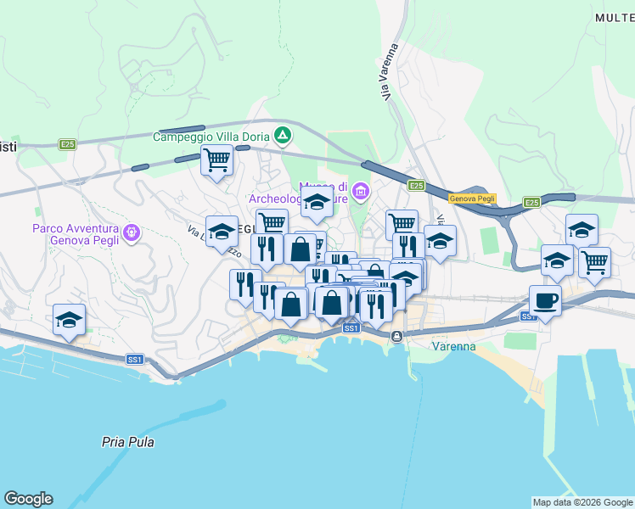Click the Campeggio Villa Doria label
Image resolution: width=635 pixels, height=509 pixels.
pyautogui.click(x=211, y=136)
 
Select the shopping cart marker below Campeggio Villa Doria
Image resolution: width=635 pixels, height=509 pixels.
pyautogui.click(x=216, y=159)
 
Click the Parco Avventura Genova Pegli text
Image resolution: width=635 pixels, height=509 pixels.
pyautogui.click(x=76, y=233)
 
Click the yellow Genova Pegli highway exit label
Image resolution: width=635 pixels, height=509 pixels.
pyautogui.click(x=473, y=198)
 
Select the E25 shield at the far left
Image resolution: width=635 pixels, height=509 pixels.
pyautogui.click(x=68, y=145)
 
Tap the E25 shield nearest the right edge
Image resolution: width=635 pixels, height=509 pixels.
pyautogui.click(x=531, y=202)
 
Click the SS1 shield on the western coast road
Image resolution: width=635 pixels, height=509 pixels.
pyautogui.click(x=134, y=360)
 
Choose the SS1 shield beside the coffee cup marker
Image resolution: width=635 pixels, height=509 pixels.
pyautogui.click(x=528, y=316)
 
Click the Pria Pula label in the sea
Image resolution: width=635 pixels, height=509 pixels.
pyautogui.click(x=127, y=442)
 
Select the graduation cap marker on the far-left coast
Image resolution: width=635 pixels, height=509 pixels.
pyautogui.click(x=69, y=319)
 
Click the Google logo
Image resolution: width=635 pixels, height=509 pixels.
pyautogui.click(x=28, y=499)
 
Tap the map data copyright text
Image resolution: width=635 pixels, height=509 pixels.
pyautogui.click(x=582, y=502)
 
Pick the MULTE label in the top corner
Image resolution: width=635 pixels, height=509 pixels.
pyautogui.click(x=614, y=17)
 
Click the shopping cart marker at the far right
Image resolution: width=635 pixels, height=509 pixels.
pyautogui.click(x=594, y=260)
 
